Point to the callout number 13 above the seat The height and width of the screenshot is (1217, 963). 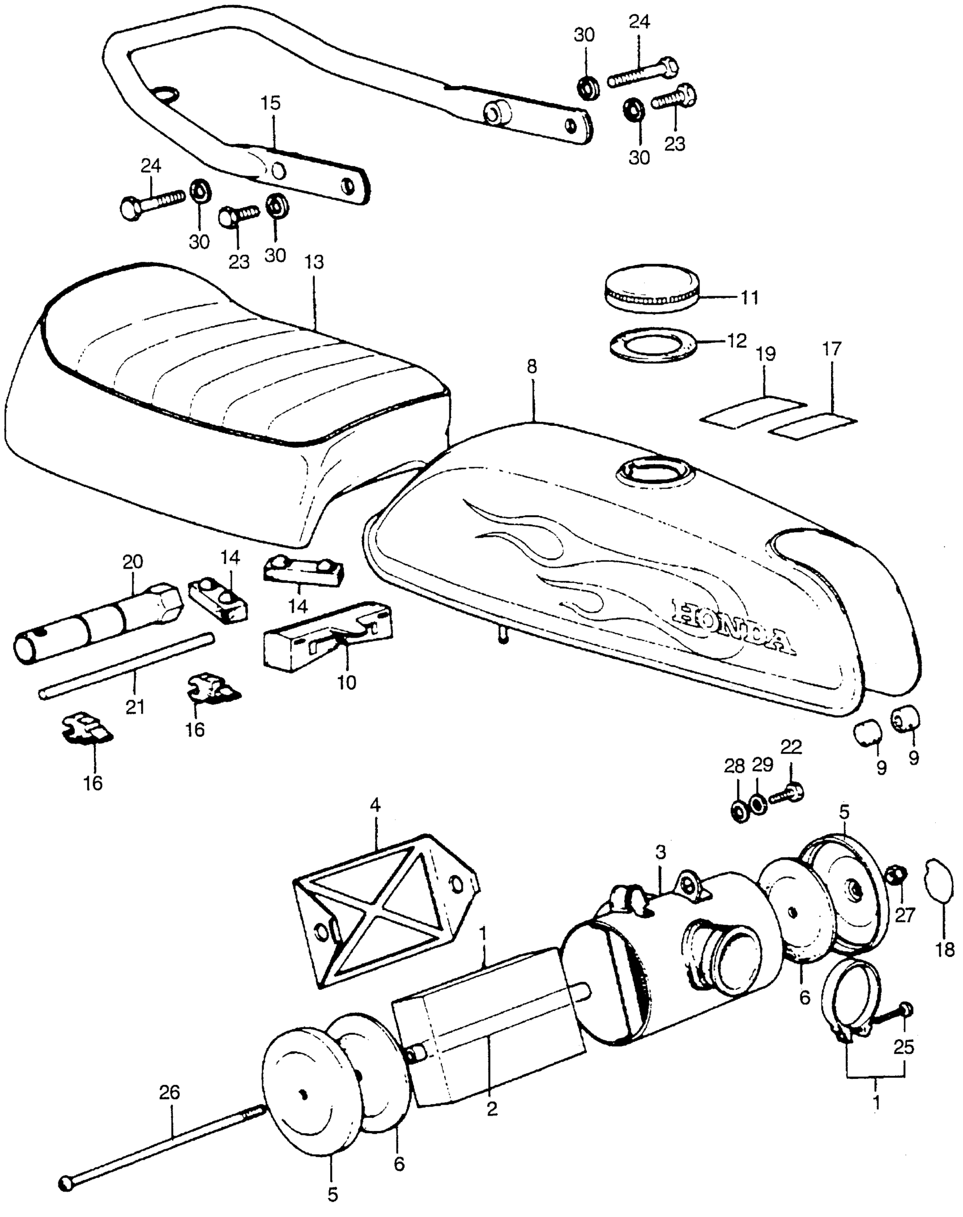[314, 262]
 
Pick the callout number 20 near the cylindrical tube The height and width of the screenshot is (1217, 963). [133, 562]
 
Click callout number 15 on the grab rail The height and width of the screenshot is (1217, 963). [271, 104]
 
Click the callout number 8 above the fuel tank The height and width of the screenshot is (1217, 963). [531, 366]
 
